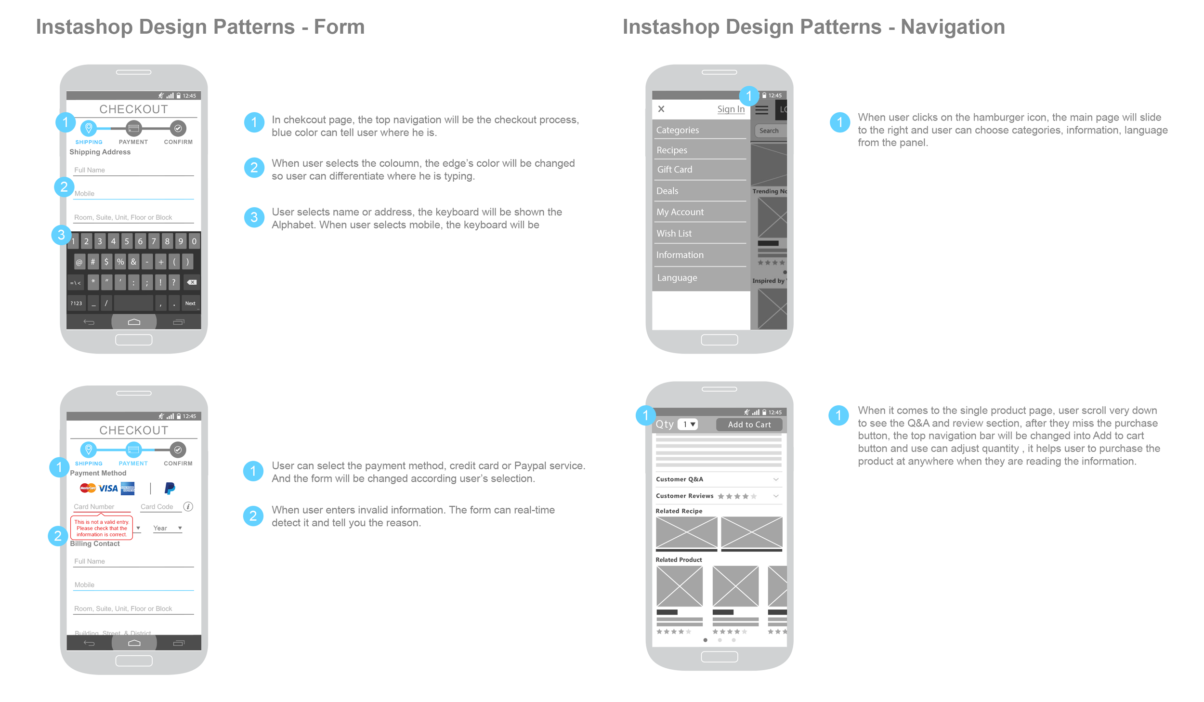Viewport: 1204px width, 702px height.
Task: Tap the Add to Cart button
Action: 749,424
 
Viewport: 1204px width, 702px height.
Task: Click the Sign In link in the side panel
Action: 730,109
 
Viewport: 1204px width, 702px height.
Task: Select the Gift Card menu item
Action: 674,170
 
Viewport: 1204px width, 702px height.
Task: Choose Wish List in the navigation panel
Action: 674,233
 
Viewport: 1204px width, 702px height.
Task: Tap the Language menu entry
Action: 677,278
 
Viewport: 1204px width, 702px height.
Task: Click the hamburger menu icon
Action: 761,110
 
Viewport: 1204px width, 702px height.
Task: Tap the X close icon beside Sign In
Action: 661,109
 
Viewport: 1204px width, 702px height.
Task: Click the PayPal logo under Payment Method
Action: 170,489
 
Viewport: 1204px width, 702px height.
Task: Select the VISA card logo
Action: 108,489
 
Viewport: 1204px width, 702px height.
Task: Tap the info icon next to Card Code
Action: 188,506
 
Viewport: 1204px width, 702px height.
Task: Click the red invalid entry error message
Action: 102,528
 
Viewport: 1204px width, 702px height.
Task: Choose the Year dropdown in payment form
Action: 167,528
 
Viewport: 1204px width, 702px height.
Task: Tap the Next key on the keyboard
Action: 190,303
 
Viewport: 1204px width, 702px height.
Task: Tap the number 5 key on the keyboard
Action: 127,241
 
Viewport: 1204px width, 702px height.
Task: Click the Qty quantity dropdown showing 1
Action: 687,424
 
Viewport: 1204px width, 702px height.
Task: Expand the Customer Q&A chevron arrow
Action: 775,479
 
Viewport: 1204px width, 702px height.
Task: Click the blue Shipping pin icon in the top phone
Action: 89,128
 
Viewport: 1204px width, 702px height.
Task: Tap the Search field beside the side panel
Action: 770,131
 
